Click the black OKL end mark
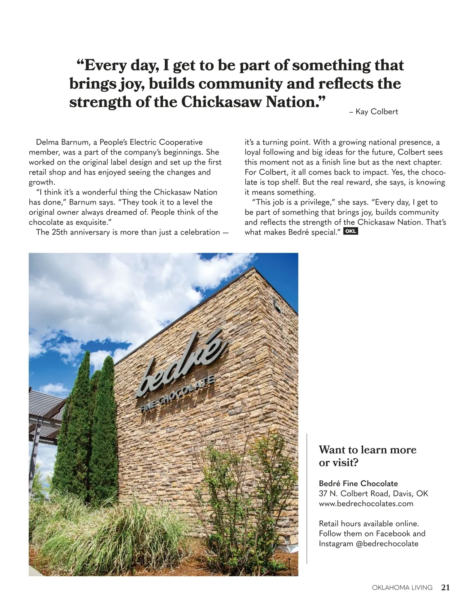[351, 231]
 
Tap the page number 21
[445, 588]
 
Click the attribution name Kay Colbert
[376, 112]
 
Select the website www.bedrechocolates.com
[366, 504]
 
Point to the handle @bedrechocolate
[387, 544]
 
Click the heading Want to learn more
[367, 450]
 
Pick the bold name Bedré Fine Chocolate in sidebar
[358, 483]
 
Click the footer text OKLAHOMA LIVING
[402, 588]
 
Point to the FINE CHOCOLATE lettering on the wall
[178, 394]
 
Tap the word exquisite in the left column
[91, 222]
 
